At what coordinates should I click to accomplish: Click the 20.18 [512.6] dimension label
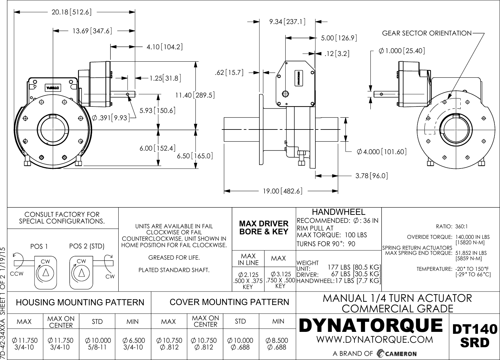click(x=72, y=12)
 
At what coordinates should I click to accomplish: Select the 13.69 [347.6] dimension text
click(x=92, y=31)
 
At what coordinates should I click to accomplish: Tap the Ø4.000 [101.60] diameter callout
click(x=382, y=152)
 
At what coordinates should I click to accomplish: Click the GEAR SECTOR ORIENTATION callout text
click(x=427, y=33)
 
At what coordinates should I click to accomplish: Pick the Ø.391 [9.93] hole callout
click(x=111, y=118)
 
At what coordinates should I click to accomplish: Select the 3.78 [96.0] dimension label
click(x=371, y=176)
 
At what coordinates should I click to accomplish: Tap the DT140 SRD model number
click(x=474, y=336)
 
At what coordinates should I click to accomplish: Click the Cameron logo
click(x=397, y=353)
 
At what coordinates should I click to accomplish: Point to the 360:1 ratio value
click(x=461, y=227)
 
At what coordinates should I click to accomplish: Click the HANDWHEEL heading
click(x=338, y=212)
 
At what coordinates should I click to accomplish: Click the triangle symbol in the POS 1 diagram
click(x=45, y=272)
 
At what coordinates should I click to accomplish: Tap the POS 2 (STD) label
click(x=87, y=247)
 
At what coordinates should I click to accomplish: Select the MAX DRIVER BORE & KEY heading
click(x=264, y=228)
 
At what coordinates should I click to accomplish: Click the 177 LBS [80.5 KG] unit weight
click(x=354, y=267)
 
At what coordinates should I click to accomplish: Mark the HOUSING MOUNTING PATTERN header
click(x=80, y=302)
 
